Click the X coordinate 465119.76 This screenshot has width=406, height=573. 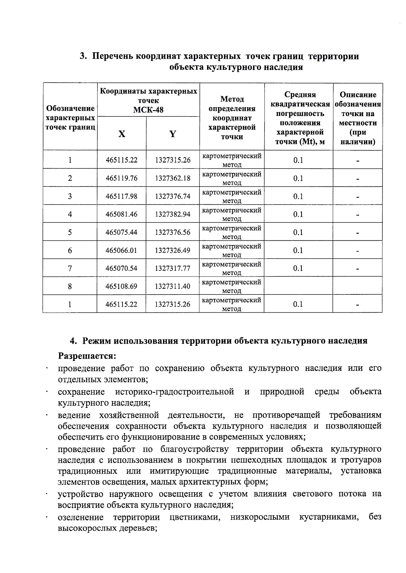[x=121, y=178]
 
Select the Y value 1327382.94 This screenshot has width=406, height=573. [x=173, y=214]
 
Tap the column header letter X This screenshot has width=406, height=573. [x=122, y=134]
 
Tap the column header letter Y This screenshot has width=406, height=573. [x=173, y=134]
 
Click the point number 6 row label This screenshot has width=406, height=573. [x=70, y=250]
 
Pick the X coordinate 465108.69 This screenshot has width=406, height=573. [x=121, y=286]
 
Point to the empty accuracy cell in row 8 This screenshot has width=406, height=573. [x=298, y=286]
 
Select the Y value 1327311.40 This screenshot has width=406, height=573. [x=173, y=286]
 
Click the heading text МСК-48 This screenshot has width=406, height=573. [x=148, y=110]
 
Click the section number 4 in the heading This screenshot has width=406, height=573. [x=73, y=341]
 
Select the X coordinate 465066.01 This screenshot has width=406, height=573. [x=121, y=250]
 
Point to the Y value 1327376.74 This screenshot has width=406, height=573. [x=173, y=196]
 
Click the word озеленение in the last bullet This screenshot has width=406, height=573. [x=81, y=517]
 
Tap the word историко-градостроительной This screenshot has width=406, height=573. [x=175, y=392]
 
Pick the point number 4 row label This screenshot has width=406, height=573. [x=70, y=214]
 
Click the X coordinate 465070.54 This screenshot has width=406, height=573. [x=121, y=268]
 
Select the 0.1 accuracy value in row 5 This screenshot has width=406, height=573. [x=298, y=232]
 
